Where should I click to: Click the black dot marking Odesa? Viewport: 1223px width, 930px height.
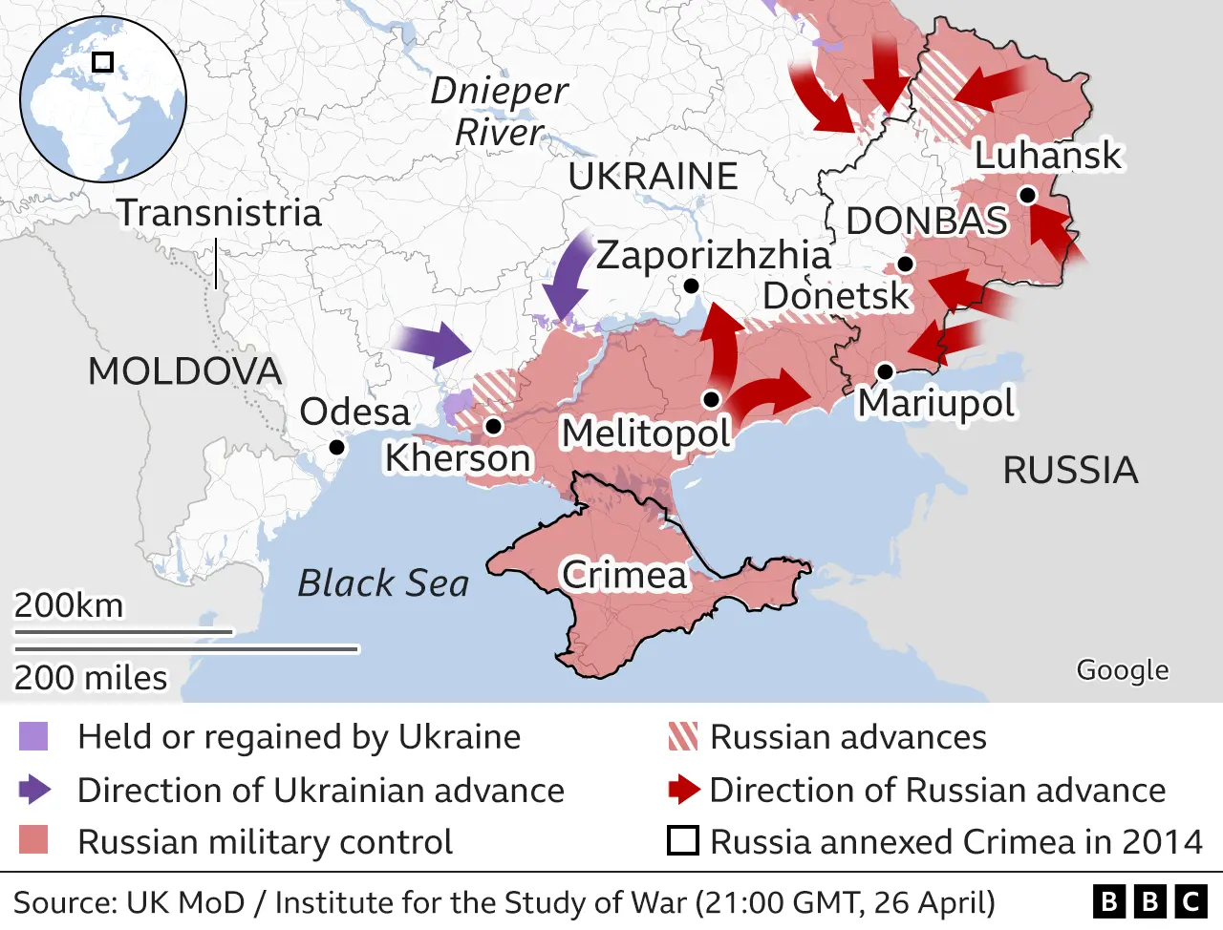(336, 447)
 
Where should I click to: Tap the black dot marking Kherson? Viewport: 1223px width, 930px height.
(493, 426)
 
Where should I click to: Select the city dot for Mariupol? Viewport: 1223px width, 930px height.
(885, 371)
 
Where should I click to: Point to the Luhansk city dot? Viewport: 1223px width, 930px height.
(1027, 195)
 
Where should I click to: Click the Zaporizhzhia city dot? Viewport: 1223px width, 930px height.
(691, 285)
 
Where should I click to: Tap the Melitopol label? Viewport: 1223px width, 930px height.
(646, 433)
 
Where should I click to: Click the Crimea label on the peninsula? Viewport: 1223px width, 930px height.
(624, 575)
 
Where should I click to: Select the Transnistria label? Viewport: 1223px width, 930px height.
(219, 212)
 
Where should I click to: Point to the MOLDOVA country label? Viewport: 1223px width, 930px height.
(184, 370)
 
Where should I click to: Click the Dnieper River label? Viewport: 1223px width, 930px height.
(499, 111)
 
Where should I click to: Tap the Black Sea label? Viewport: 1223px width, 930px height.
(383, 582)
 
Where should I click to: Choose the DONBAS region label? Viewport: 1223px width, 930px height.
(927, 221)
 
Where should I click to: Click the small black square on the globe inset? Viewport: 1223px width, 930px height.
(102, 62)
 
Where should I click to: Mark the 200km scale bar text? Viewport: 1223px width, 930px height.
(69, 605)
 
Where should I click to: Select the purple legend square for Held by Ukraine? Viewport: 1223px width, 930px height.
(33, 736)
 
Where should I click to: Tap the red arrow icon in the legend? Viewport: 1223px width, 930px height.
(684, 790)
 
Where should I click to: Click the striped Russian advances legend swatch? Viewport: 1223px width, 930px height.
(683, 736)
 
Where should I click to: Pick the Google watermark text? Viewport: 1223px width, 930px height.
(1122, 670)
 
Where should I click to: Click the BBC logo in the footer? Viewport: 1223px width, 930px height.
(1149, 901)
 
